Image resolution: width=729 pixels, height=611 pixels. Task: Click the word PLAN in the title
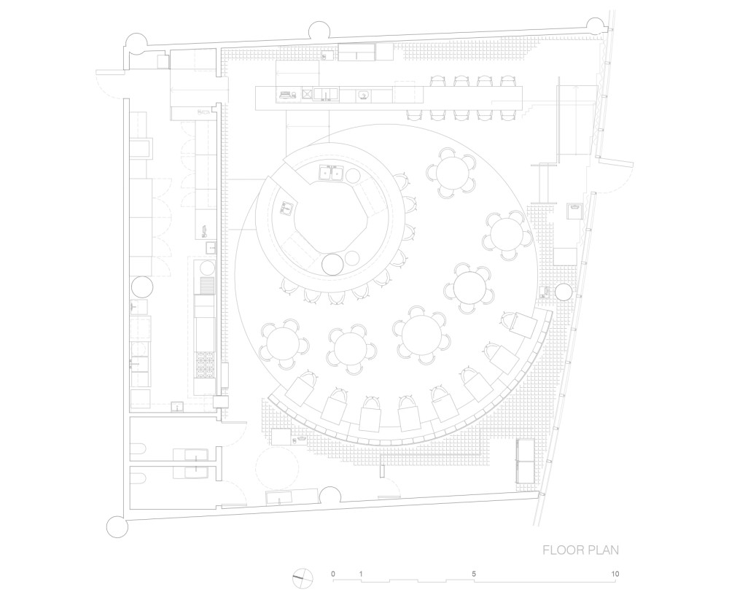click(x=602, y=549)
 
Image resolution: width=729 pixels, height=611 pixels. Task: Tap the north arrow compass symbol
click(x=301, y=579)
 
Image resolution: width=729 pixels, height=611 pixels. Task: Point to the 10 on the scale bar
click(x=615, y=574)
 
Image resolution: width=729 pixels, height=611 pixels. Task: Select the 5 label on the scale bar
click(x=474, y=574)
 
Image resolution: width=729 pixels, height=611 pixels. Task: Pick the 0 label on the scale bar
click(x=333, y=574)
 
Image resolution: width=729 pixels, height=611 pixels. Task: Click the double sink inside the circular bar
click(x=330, y=173)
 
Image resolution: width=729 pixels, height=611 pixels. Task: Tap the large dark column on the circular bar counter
click(x=332, y=264)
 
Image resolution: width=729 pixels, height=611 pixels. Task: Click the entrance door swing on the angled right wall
click(x=612, y=175)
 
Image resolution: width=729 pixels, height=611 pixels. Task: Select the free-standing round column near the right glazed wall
click(x=564, y=293)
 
